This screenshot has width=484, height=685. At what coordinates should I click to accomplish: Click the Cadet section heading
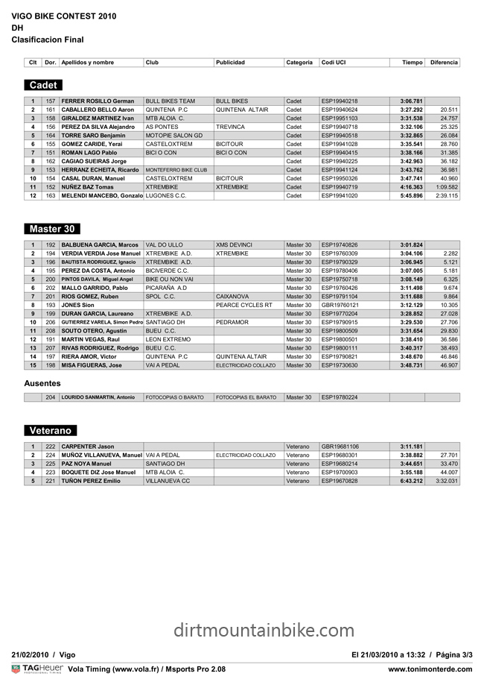click(x=43, y=86)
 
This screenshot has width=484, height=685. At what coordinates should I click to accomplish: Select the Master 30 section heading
click(x=51, y=229)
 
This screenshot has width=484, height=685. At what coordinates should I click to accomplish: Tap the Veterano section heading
click(x=50, y=431)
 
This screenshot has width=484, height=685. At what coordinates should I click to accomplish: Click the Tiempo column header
click(x=412, y=63)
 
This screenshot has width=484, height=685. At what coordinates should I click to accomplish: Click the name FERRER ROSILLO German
click(x=98, y=101)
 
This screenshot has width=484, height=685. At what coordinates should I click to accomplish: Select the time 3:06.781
click(x=411, y=101)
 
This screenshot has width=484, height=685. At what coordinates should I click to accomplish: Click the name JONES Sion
click(x=77, y=305)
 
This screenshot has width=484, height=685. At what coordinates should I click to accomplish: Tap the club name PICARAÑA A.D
click(x=166, y=288)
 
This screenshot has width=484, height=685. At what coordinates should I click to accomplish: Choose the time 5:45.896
click(x=411, y=195)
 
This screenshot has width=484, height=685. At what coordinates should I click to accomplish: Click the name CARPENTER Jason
click(x=87, y=446)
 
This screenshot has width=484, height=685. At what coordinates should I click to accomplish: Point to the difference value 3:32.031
click(x=446, y=481)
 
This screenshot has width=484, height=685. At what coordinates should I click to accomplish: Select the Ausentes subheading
click(x=43, y=382)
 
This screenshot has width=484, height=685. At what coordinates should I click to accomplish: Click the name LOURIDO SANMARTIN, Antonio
click(x=98, y=397)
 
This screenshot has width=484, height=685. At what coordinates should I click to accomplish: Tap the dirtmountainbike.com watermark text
click(x=264, y=631)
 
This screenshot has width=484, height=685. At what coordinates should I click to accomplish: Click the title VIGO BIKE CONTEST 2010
click(x=64, y=15)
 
